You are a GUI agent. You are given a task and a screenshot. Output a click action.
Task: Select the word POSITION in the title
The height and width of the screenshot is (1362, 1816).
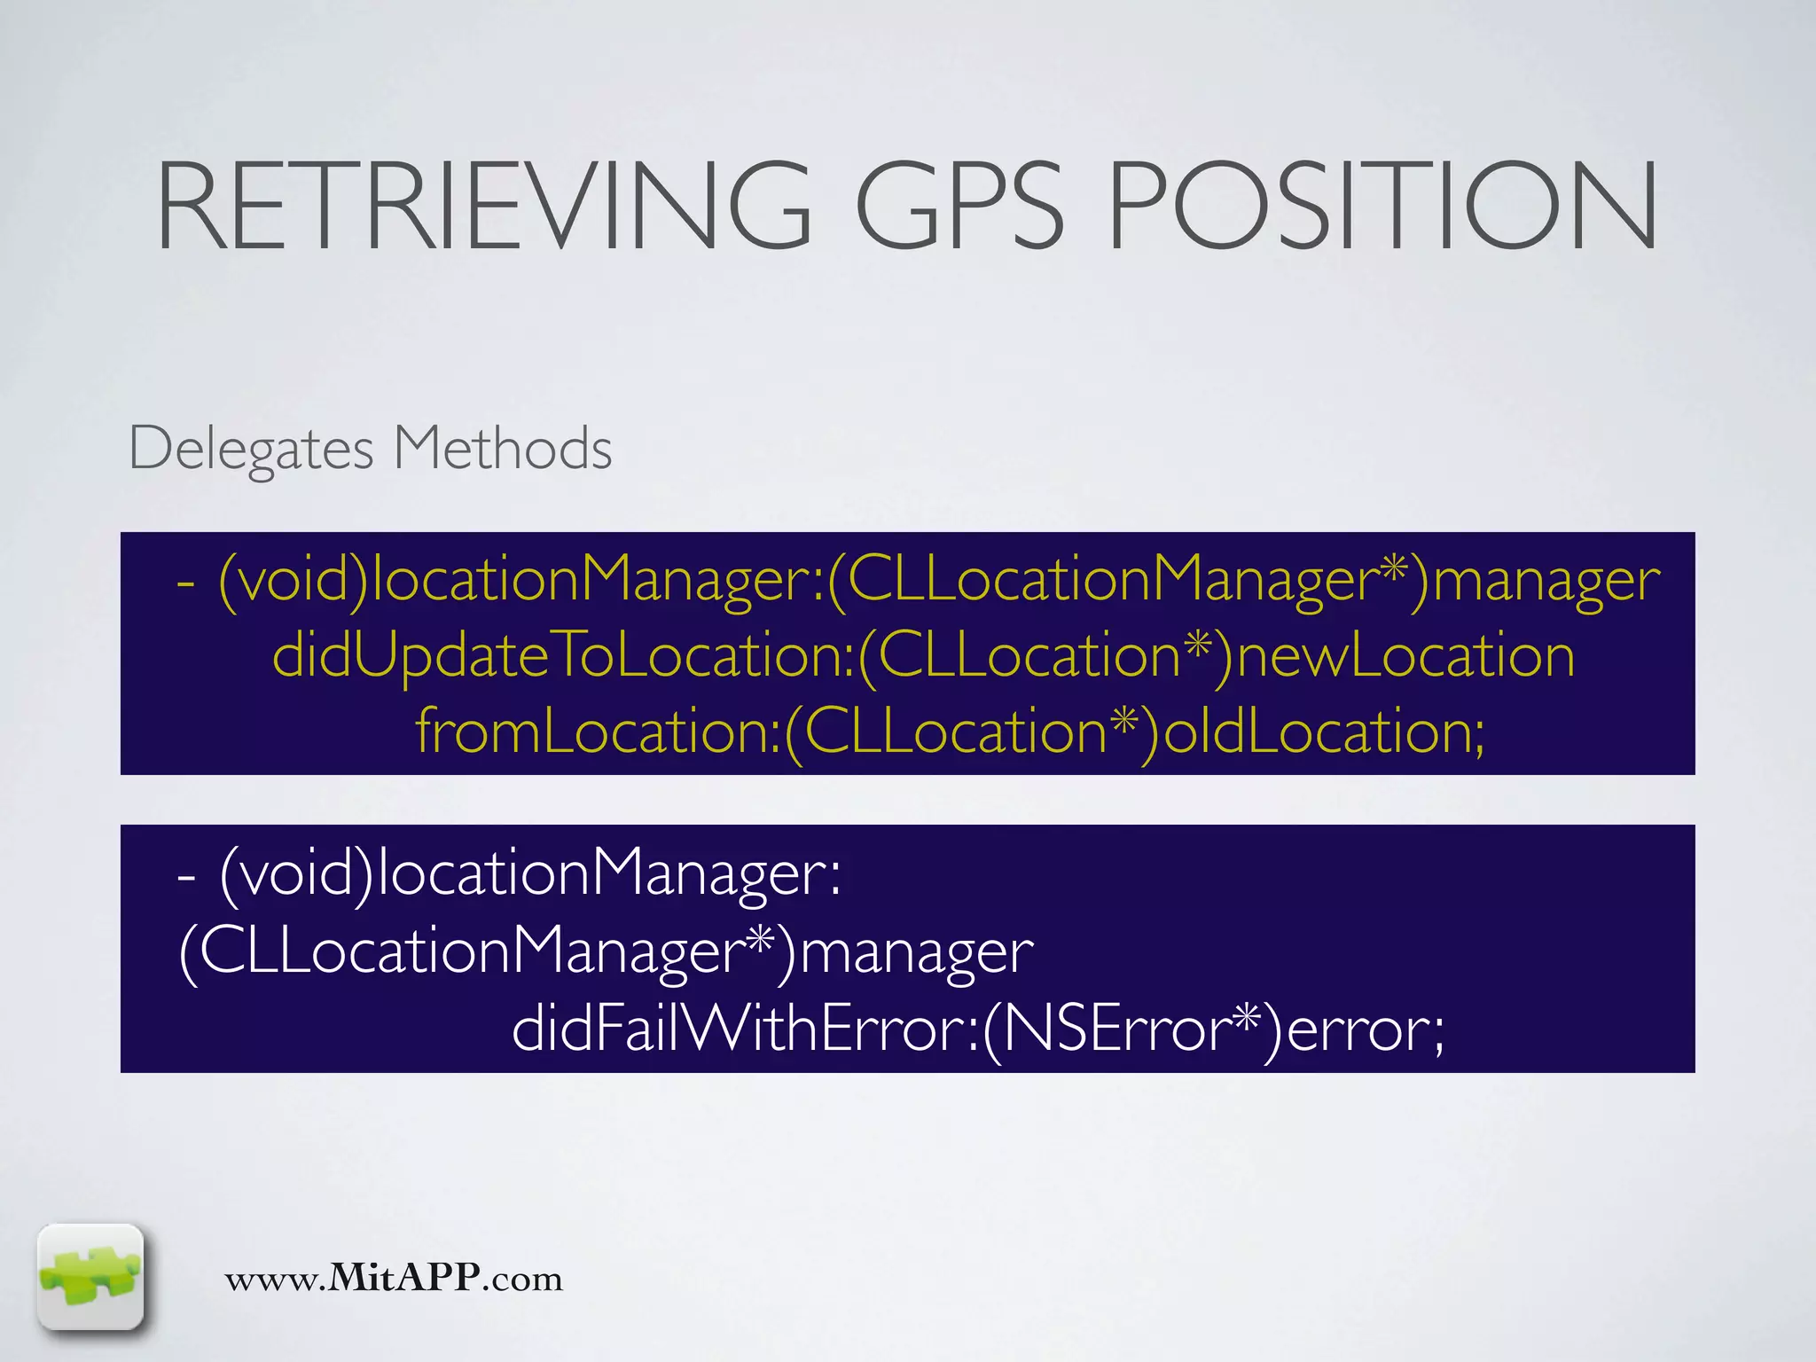(x=1382, y=206)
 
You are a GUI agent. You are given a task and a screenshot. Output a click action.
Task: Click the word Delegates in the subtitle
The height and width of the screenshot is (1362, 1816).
(x=252, y=449)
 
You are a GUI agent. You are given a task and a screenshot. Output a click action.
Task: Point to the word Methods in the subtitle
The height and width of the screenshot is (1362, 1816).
(x=502, y=447)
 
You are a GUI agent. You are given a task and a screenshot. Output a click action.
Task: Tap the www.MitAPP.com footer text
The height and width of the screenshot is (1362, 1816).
(x=394, y=1278)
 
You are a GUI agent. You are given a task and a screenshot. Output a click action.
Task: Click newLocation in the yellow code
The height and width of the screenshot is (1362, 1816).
(x=1405, y=656)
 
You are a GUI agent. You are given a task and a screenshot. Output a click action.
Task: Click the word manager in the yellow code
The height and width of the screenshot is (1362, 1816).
(x=1546, y=582)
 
